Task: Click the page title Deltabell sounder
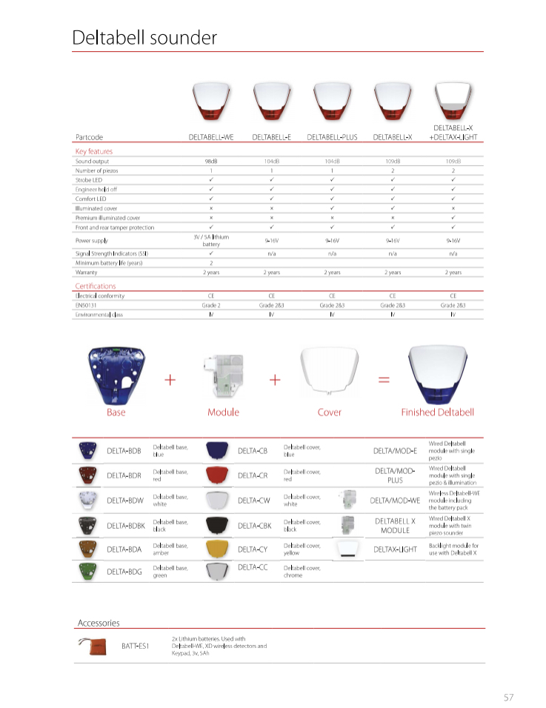144,38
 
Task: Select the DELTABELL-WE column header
211,137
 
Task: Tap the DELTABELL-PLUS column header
332,137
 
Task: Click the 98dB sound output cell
211,161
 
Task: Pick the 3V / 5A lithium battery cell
211,240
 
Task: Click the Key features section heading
94,151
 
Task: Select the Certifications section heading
96,286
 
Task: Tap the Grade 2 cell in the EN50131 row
211,305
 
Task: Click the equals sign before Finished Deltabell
384,379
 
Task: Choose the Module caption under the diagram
223,413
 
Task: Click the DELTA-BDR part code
124,475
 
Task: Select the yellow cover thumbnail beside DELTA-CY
217,549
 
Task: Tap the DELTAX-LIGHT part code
395,550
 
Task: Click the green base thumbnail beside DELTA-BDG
88,571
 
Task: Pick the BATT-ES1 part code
136,646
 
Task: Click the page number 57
508,697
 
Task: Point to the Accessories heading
99,623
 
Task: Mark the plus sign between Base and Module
170,379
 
